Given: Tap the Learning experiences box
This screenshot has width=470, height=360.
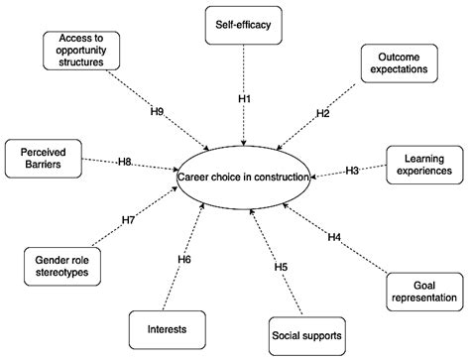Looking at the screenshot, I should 420,164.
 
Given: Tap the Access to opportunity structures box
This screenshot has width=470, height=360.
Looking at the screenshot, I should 82,52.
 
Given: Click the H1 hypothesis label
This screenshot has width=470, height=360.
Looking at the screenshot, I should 244,99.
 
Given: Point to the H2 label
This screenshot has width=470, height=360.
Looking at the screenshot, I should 322,113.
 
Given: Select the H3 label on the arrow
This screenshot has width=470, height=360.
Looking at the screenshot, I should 353,171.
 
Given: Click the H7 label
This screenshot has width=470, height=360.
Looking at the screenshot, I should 129,219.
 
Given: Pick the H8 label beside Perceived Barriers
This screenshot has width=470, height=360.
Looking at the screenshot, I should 125,161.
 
